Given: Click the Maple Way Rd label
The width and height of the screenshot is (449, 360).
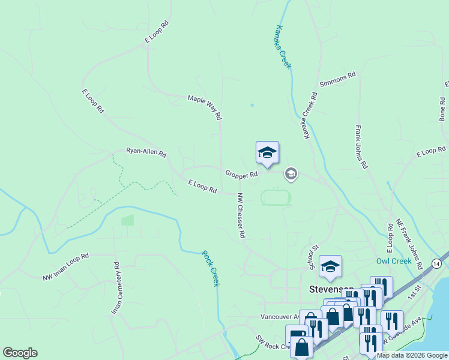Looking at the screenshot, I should pyautogui.click(x=205, y=106).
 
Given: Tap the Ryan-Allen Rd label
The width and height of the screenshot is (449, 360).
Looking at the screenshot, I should pyautogui.click(x=146, y=152).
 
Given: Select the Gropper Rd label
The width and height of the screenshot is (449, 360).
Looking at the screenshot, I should pyautogui.click(x=241, y=175).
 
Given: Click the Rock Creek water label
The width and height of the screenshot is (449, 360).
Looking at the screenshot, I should pyautogui.click(x=210, y=268).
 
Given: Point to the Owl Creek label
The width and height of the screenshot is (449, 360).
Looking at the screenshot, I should pyautogui.click(x=394, y=261).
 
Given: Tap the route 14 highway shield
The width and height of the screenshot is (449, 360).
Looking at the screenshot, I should pyautogui.click(x=436, y=263).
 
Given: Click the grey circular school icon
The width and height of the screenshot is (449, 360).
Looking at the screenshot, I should pyautogui.click(x=291, y=174).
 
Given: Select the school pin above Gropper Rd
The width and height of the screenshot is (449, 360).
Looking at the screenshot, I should pyautogui.click(x=267, y=152).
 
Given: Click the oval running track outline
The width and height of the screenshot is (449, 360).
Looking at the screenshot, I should pyautogui.click(x=276, y=197).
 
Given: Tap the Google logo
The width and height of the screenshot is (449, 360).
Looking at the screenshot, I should pyautogui.click(x=20, y=353).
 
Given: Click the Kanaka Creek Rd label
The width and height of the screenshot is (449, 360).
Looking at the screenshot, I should pyautogui.click(x=310, y=116).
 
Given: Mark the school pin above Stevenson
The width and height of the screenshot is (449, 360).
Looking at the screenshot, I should pyautogui.click(x=330, y=267).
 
